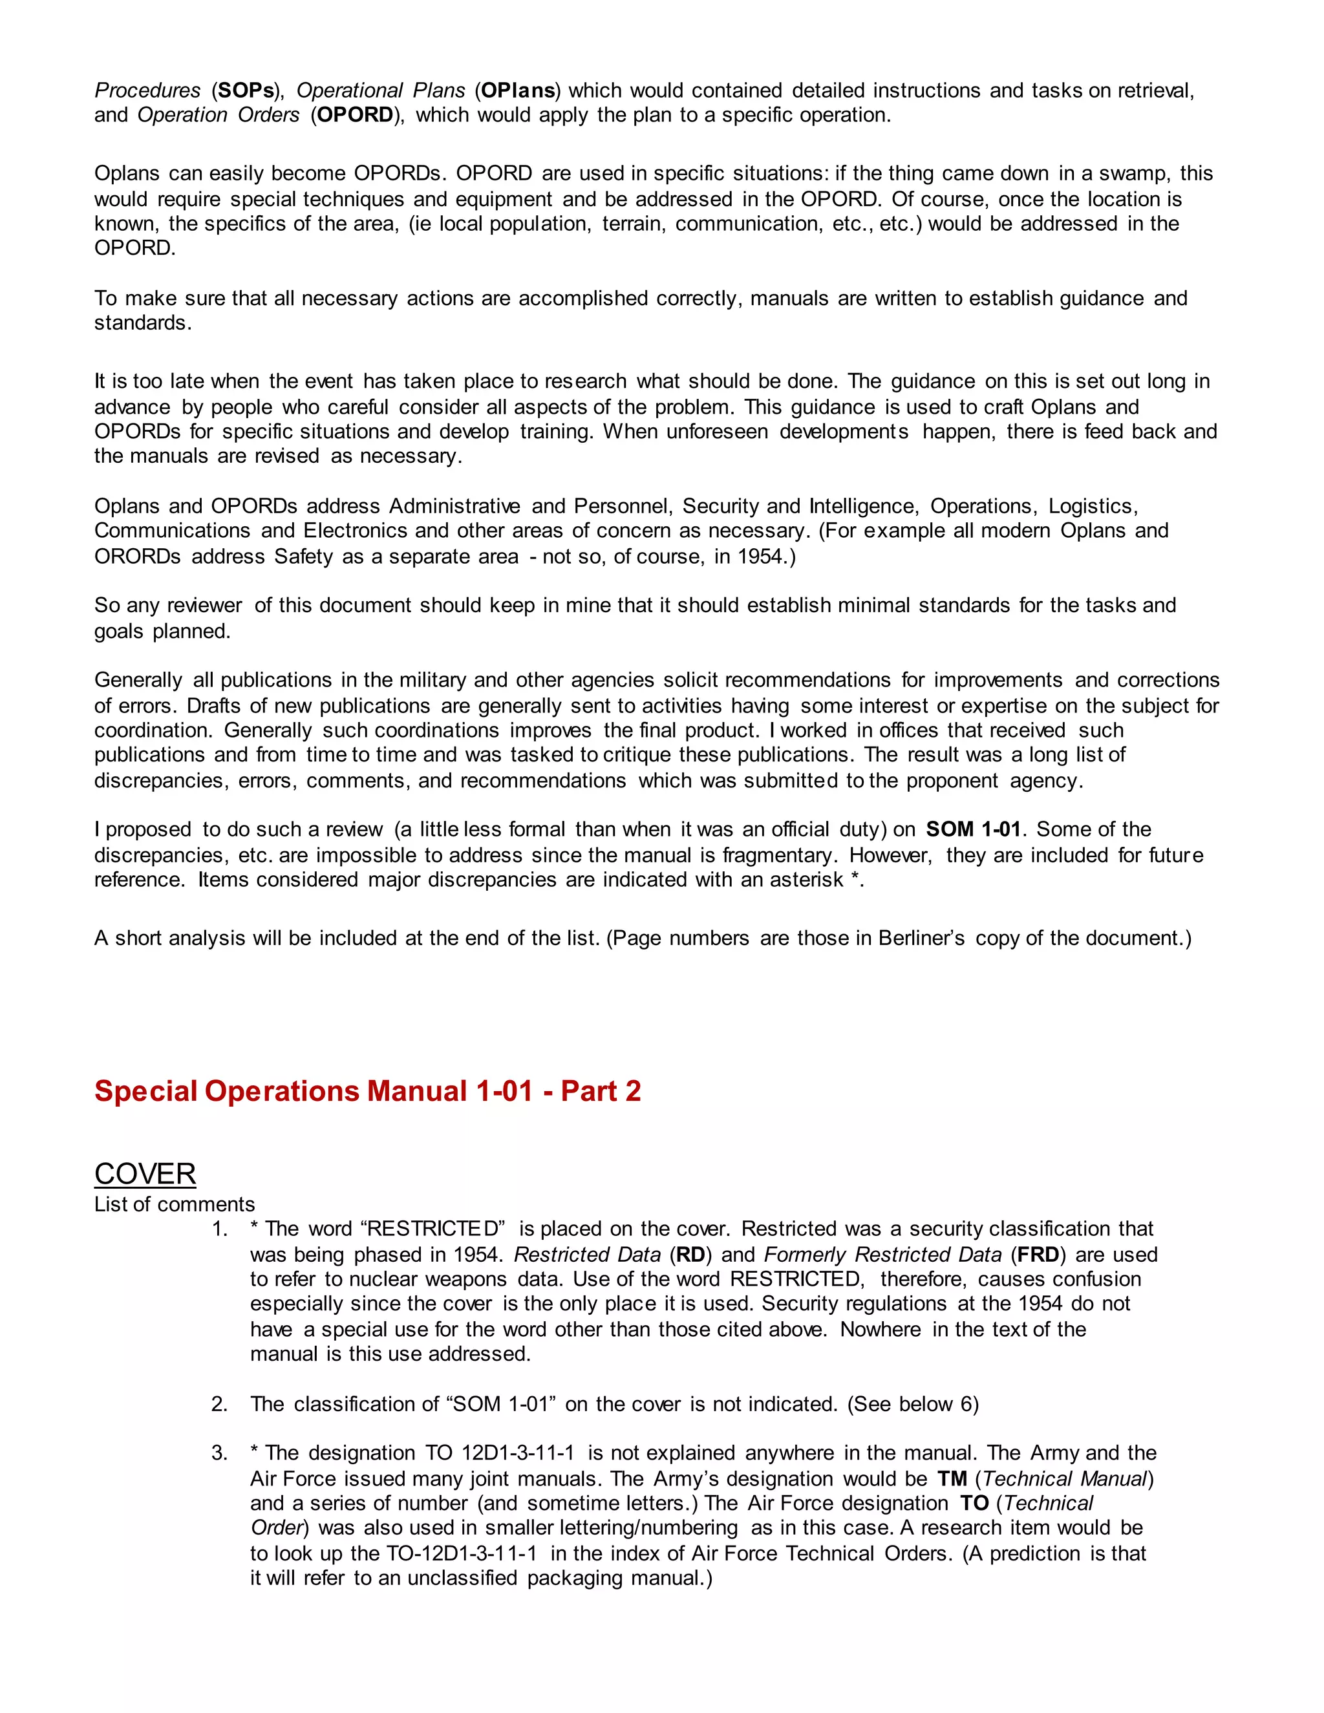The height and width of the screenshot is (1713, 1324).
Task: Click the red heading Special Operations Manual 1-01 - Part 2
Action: point(367,1091)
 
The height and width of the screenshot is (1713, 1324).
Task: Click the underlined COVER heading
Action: point(145,1174)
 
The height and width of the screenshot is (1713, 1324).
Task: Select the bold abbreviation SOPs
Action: point(246,90)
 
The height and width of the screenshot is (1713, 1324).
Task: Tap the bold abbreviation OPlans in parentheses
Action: point(518,90)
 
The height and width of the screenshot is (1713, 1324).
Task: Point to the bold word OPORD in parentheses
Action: point(356,114)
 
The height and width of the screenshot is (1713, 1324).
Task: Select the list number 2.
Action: point(219,1404)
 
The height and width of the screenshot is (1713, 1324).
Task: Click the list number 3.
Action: point(219,1452)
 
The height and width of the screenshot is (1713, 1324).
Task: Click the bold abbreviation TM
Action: point(952,1478)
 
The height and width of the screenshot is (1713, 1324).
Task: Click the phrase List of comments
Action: point(174,1204)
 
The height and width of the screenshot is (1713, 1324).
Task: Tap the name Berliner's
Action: point(921,938)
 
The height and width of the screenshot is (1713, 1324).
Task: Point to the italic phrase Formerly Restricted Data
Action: point(882,1254)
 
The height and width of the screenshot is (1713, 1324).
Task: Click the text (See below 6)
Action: point(913,1404)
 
